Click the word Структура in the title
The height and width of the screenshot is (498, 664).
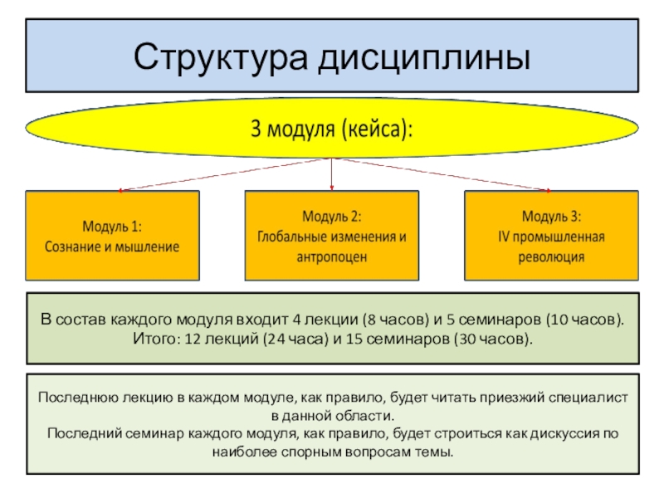tap(221, 57)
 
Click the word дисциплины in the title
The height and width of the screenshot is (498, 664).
tap(424, 58)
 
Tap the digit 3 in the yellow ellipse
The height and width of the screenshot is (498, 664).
tap(256, 128)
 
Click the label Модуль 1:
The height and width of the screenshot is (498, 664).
tap(112, 227)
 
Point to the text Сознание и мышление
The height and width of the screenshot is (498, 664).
tap(112, 247)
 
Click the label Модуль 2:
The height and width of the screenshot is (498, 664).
tap(331, 217)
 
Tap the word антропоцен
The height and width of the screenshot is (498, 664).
tap(331, 257)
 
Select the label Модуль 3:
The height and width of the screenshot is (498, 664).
tap(551, 217)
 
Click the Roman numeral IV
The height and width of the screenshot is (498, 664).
tap(504, 237)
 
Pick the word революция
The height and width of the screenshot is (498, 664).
tap(551, 257)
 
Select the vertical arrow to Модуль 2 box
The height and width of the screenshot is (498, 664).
tap(331, 174)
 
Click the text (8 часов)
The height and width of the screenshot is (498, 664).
tap(396, 320)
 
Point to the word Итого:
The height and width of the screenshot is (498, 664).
tap(157, 339)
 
